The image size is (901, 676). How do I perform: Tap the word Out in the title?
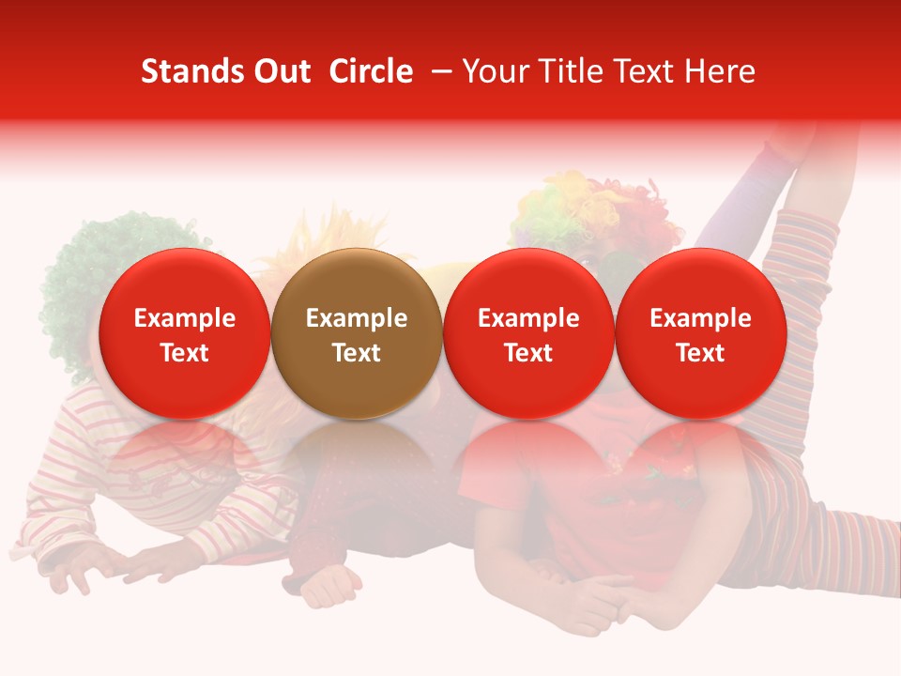[x=279, y=71]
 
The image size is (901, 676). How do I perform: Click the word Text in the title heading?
[x=649, y=71]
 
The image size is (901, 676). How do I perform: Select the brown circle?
[x=356, y=334]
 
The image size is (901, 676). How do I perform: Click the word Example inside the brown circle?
[x=356, y=318]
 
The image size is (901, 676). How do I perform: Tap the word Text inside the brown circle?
[x=356, y=353]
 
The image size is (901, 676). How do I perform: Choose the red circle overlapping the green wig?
[x=184, y=334]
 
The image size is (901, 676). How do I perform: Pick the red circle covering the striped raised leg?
[x=700, y=334]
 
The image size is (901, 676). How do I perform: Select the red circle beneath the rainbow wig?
[x=528, y=334]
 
